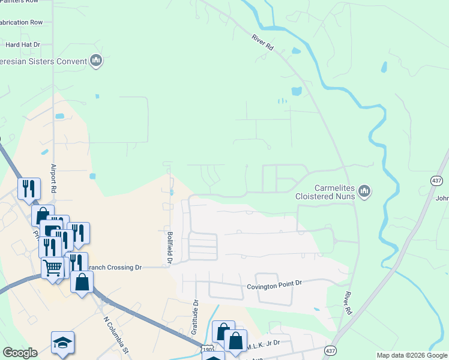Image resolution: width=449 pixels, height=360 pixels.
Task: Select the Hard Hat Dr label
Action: point(22,44)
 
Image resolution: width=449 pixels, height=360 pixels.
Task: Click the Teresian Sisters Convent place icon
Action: point(96,61)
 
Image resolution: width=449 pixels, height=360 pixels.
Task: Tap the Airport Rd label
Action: point(53,178)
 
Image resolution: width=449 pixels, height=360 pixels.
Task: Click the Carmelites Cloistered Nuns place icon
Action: point(364,191)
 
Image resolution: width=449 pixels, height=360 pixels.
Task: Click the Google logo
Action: point(20,353)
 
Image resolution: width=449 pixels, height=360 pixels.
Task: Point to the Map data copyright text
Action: point(412,355)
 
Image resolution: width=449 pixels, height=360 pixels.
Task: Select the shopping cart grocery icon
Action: point(52,268)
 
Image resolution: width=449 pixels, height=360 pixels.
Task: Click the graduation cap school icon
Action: point(62,342)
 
